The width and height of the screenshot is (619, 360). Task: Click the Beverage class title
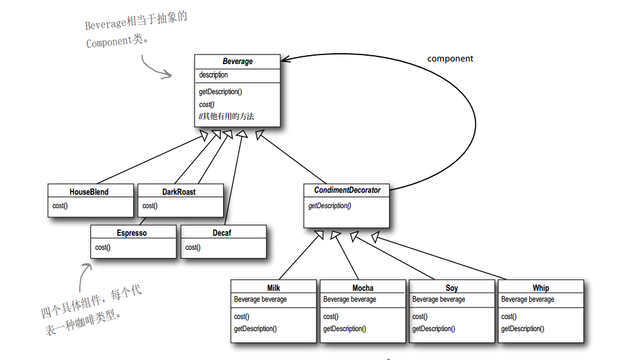click(238, 61)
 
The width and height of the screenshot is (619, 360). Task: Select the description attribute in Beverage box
click(213, 75)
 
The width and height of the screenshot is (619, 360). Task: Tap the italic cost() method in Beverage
click(206, 104)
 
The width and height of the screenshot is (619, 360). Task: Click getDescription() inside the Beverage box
click(220, 92)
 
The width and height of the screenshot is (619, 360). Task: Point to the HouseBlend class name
click(89, 192)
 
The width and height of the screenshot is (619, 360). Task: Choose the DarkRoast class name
click(179, 192)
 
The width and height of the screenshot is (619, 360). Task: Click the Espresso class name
click(132, 233)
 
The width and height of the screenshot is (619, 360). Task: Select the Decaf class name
click(222, 233)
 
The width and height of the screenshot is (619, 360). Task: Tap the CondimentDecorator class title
click(347, 190)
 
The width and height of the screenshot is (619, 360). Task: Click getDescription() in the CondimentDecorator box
click(330, 206)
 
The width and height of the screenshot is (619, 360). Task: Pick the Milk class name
click(274, 288)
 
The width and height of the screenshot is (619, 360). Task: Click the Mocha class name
click(363, 288)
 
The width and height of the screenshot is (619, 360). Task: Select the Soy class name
click(452, 288)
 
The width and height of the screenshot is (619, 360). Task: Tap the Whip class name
click(540, 288)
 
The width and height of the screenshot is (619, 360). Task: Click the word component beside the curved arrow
click(450, 59)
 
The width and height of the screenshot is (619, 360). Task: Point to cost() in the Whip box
click(509, 317)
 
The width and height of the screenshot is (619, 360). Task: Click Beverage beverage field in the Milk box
click(260, 299)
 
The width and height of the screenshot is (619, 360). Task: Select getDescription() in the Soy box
click(434, 329)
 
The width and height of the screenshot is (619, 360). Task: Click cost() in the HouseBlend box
click(60, 206)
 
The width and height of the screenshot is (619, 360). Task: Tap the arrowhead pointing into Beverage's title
click(286, 60)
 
